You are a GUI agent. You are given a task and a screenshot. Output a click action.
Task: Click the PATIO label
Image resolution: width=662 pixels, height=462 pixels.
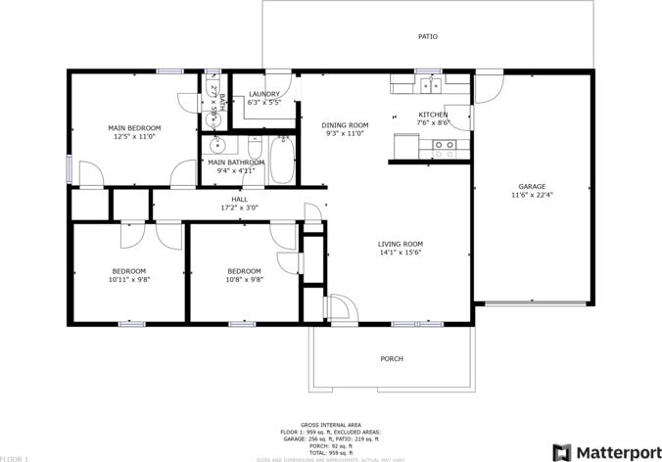428,37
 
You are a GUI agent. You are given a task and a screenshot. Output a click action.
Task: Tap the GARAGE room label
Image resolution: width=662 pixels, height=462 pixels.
532,186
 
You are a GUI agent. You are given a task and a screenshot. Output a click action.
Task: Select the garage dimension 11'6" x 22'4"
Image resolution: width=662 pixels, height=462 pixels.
532,195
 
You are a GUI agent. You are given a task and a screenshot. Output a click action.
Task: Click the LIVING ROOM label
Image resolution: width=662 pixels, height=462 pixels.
401,244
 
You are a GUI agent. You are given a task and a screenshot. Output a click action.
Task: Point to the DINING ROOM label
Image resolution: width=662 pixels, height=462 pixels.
345,124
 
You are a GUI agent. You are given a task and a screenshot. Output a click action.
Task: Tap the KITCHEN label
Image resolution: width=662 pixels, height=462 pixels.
433,115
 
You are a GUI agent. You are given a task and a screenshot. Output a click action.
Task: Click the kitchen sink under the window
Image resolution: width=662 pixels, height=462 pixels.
429,86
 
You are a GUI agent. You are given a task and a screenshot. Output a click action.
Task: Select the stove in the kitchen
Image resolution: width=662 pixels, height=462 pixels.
444,149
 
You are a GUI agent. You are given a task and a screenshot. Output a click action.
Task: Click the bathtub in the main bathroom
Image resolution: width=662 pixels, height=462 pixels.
282,162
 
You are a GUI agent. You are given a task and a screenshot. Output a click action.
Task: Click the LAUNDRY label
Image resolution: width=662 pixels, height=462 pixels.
264,94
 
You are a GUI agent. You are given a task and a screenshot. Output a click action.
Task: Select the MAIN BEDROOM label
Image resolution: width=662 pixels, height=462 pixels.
134,128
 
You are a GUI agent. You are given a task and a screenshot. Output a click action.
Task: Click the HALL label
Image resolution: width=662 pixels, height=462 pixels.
239,199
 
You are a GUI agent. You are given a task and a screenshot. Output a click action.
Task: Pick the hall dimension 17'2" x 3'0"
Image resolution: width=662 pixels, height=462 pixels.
239,208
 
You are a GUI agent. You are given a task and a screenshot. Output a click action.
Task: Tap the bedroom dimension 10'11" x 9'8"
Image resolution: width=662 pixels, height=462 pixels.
128,279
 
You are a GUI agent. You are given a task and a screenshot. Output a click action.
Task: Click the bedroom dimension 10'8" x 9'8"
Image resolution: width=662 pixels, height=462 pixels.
244,279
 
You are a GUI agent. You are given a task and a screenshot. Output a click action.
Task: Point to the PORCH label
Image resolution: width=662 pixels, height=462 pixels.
392,359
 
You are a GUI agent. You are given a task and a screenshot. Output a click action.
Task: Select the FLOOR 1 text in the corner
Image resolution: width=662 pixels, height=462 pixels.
15,458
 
